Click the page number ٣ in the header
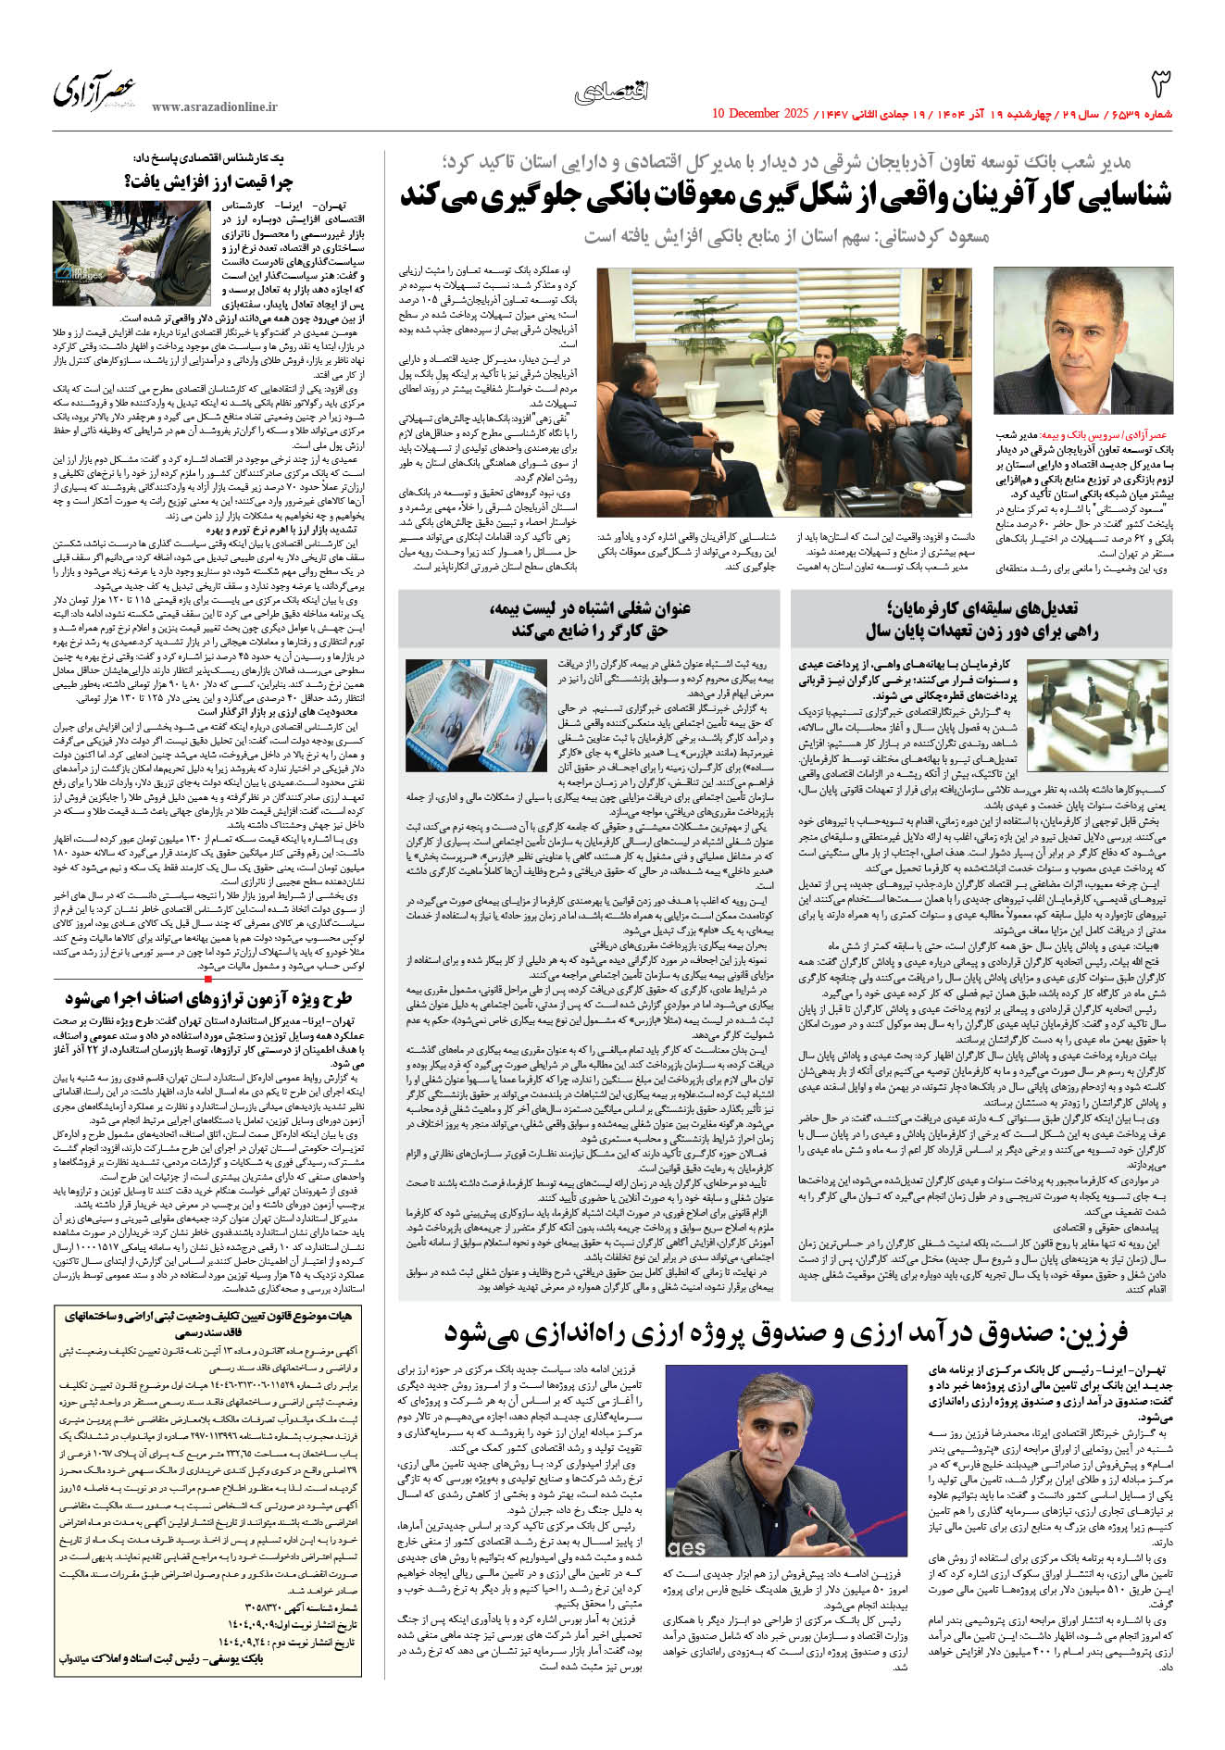[1160, 84]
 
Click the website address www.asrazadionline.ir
[214, 107]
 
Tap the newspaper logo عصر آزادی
[94, 89]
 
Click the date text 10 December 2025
[760, 114]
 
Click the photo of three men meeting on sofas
[784, 392]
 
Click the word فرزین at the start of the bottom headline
[1093, 1334]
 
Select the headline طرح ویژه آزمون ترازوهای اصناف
[209, 999]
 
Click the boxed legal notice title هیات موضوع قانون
[209, 1322]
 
